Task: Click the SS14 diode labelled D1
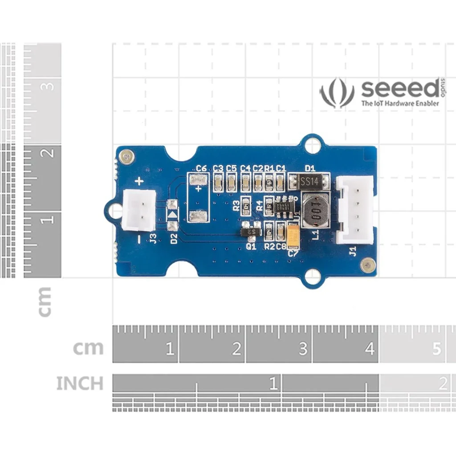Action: (308, 181)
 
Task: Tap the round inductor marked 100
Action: (315, 211)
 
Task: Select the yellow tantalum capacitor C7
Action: (293, 236)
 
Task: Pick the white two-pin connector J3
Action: (139, 210)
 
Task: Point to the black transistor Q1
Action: (251, 232)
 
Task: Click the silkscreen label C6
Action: (201, 168)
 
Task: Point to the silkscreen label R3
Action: (236, 206)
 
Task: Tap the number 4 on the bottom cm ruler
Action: (370, 349)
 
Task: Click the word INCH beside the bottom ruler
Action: (80, 383)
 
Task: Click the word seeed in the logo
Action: (400, 89)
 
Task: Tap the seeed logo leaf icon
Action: (337, 93)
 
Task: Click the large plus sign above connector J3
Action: (139, 181)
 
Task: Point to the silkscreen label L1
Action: (315, 234)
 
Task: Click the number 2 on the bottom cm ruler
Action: (236, 349)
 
